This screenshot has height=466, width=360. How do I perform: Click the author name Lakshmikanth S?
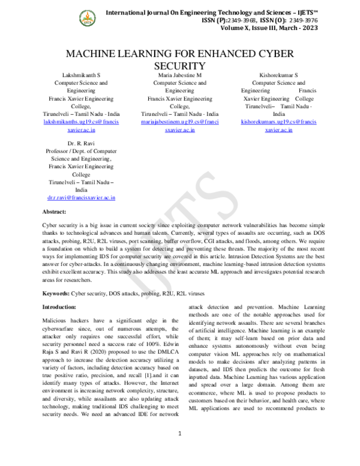click(x=81, y=75)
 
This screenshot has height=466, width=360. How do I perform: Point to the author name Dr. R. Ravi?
click(x=81, y=144)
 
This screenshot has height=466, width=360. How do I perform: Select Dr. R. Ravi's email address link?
click(x=81, y=197)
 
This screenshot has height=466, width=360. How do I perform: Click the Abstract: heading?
click(x=54, y=213)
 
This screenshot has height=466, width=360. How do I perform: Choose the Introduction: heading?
click(x=59, y=307)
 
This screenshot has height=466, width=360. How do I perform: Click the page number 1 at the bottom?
click(x=179, y=450)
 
